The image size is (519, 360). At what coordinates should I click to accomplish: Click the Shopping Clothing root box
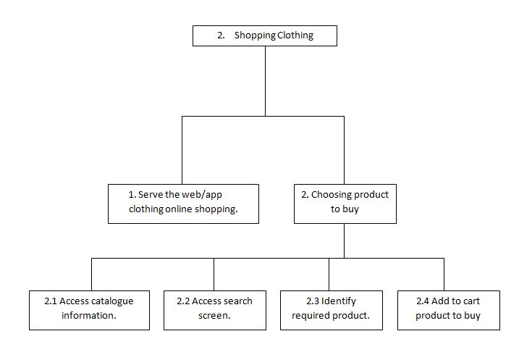[264, 35]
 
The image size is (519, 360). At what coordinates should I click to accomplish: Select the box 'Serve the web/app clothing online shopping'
[183, 203]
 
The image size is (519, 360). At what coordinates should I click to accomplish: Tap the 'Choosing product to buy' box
[345, 203]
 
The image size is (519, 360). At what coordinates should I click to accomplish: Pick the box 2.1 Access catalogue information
[90, 309]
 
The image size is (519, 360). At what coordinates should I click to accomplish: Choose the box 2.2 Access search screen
[214, 309]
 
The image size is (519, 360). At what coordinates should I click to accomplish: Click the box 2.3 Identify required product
[330, 309]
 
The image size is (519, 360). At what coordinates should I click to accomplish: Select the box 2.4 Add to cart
[447, 309]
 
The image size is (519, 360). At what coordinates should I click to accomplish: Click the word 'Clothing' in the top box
[295, 35]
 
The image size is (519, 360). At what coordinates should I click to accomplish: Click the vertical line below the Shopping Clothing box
[264, 80]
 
